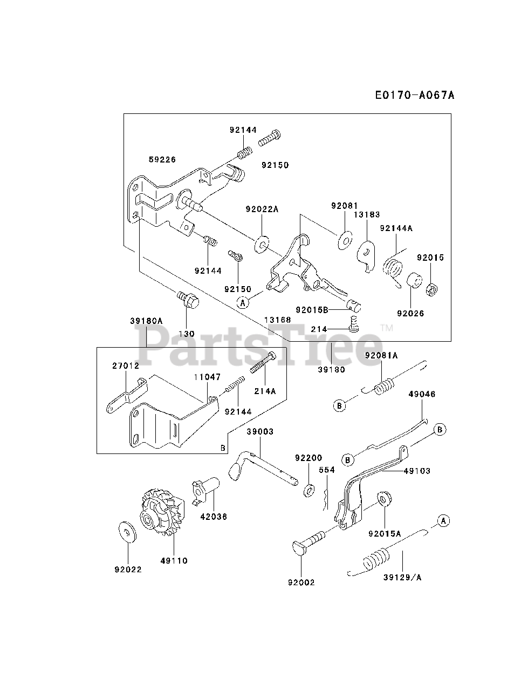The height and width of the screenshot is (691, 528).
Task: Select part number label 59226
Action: click(162, 159)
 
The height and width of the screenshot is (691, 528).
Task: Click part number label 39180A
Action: click(146, 321)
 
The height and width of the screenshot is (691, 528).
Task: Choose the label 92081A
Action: click(381, 355)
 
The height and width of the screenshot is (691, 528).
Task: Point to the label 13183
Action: click(364, 215)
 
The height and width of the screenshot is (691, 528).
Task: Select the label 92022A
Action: click(262, 209)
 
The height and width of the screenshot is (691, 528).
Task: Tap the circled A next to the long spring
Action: click(443, 521)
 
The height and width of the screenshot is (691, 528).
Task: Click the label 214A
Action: click(265, 391)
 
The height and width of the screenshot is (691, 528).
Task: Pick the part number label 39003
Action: click(260, 432)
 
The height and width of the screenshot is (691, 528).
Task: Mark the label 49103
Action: click(417, 471)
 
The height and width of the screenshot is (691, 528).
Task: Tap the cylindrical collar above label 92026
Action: click(413, 281)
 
